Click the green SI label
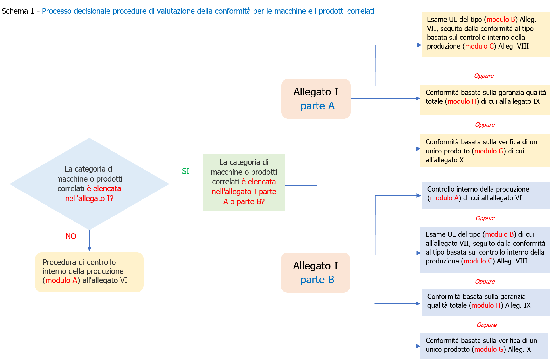click(185, 171)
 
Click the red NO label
click(71, 236)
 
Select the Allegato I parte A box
click(316, 99)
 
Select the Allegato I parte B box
click(315, 272)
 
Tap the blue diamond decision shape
click(89, 184)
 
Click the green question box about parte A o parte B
click(244, 182)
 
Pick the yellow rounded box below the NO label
click(89, 272)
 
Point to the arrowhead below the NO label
click(89, 249)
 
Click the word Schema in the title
click(15, 11)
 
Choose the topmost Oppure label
click(484, 76)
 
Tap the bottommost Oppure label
click(486, 325)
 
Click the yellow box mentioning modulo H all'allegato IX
click(485, 100)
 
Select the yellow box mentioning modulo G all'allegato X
click(485, 151)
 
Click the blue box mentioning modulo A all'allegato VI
click(485, 195)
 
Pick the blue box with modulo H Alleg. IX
click(485, 302)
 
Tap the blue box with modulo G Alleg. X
click(484, 346)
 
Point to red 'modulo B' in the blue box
click(499, 234)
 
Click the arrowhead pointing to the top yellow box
click(419, 45)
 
